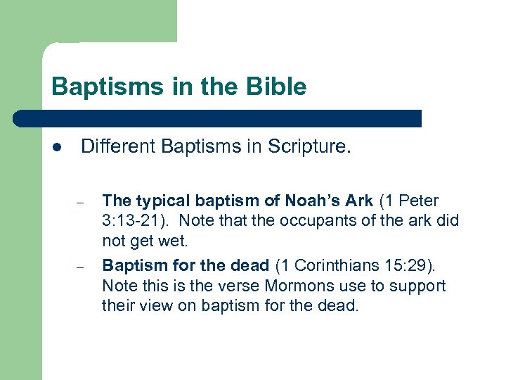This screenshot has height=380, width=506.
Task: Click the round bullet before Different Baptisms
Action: click(x=57, y=147)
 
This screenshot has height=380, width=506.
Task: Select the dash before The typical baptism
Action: click(x=82, y=204)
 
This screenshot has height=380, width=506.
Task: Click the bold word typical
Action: click(x=163, y=201)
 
